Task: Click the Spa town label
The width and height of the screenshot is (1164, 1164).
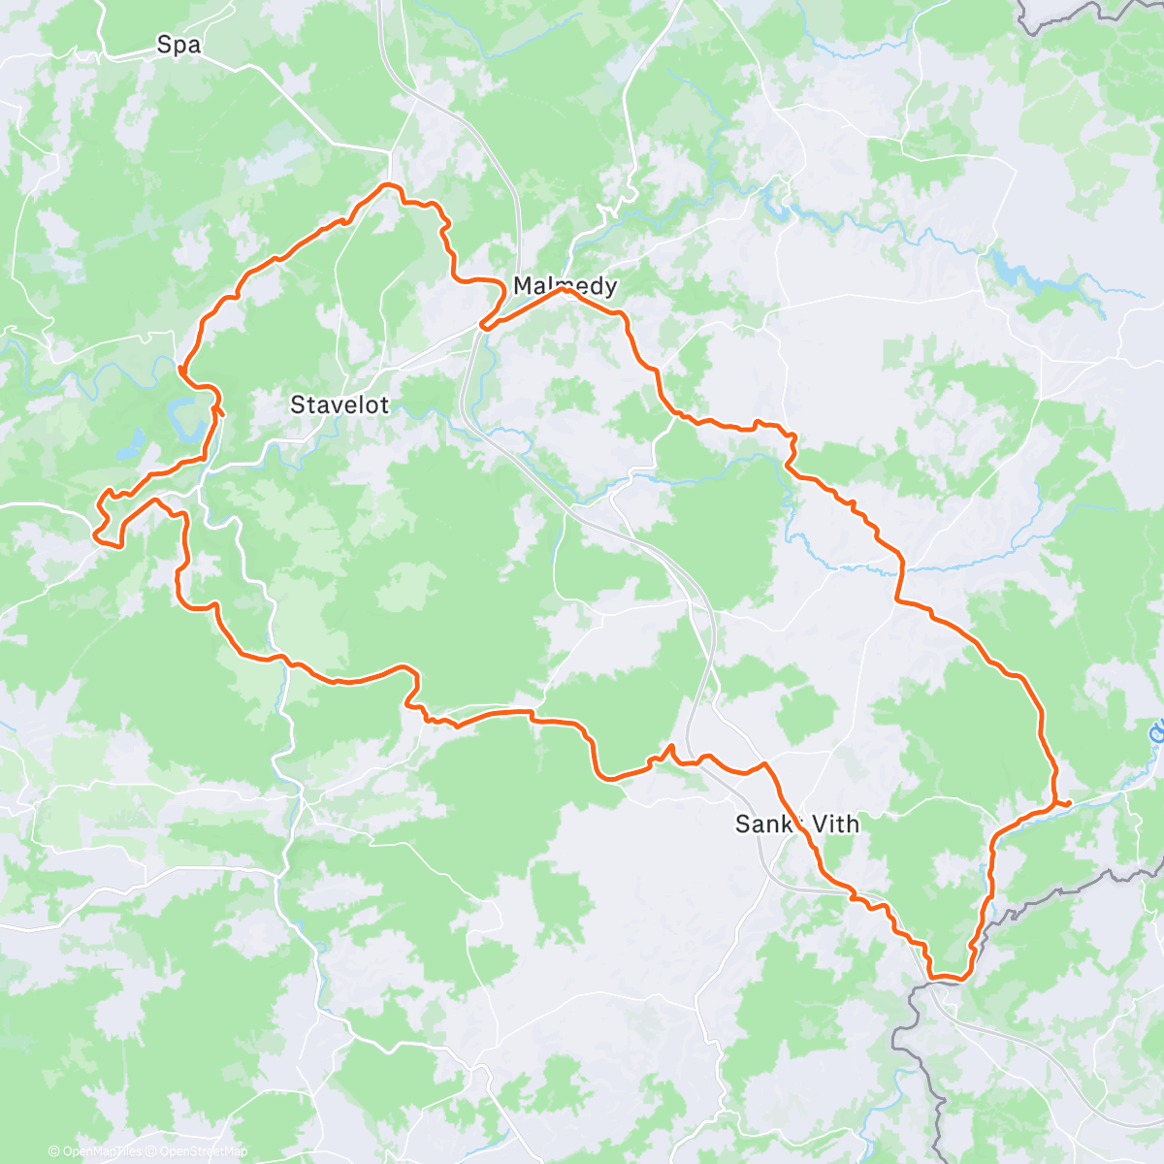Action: point(178,45)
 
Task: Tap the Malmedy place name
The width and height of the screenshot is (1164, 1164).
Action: point(564,286)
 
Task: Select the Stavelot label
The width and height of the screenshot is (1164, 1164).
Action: point(339,404)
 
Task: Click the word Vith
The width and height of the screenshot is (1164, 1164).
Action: point(834,824)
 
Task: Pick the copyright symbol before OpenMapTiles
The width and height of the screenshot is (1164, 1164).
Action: point(53,1151)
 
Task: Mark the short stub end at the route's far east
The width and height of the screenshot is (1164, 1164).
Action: point(1067,804)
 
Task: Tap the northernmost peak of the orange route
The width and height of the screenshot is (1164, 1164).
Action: point(388,183)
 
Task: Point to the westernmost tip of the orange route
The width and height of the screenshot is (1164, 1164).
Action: point(93,532)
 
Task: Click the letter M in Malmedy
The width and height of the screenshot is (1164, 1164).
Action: point(521,286)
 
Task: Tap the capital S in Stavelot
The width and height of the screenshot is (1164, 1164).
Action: point(297,404)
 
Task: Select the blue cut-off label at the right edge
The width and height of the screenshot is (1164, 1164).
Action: point(1157,732)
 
